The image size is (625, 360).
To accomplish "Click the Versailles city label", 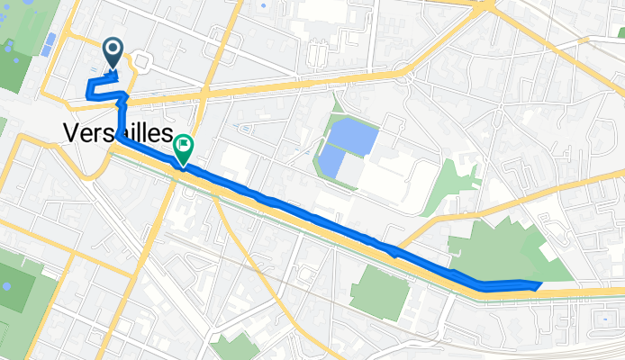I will click(x=118, y=132).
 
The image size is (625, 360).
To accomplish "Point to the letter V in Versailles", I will click(x=72, y=132).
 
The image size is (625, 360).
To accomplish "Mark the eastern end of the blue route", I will click(x=539, y=284).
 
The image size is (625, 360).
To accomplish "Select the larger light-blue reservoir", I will click(x=349, y=135).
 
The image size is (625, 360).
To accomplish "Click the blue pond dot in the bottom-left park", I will click(x=7, y=286).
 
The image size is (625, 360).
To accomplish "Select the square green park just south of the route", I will click(x=379, y=292).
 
